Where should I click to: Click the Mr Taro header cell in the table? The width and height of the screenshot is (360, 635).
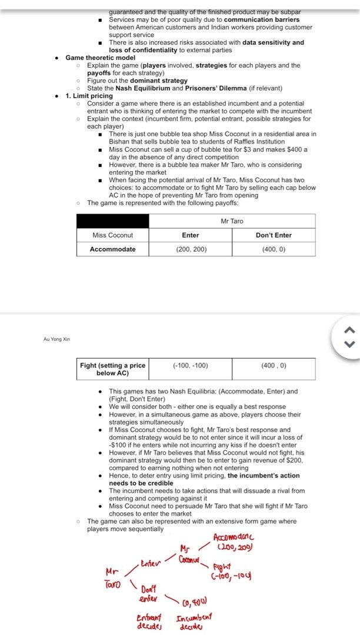pyautogui.click(x=232, y=221)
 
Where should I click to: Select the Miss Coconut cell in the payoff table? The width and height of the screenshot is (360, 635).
pyautogui.click(x=112, y=235)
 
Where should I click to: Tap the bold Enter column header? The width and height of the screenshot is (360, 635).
pyautogui.click(x=190, y=235)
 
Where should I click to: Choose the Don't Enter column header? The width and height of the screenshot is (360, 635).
pyautogui.click(x=274, y=235)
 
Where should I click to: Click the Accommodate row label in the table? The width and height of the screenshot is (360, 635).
pyautogui.click(x=112, y=249)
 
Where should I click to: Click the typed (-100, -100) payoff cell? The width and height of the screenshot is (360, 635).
pyautogui.click(x=190, y=366)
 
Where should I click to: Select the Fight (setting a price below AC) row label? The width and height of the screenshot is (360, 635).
pyautogui.click(x=112, y=369)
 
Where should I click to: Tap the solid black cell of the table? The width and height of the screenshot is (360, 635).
pyautogui.click(x=112, y=221)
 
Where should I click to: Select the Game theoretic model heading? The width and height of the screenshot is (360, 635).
pyautogui.click(x=100, y=58)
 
